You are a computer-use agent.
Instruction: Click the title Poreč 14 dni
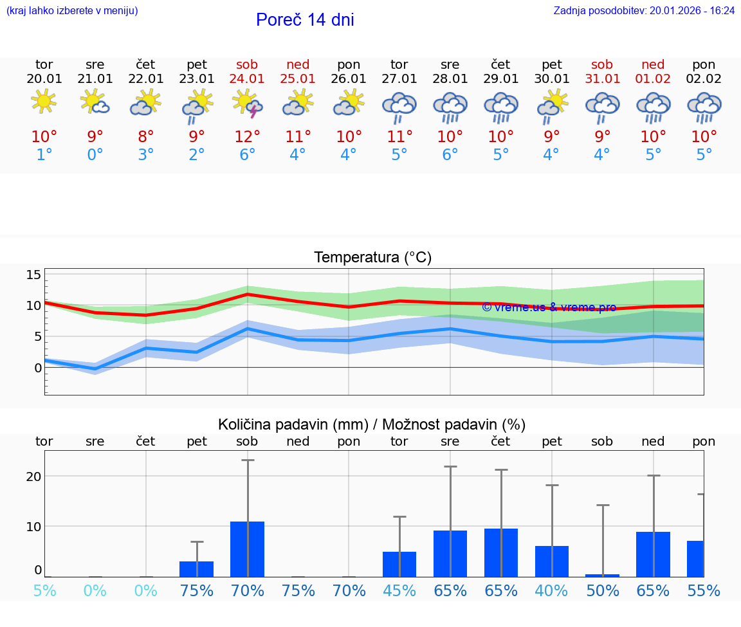coord(305,20)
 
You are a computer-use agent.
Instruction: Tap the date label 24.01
coord(247,79)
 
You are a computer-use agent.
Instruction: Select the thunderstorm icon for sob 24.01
coord(247,104)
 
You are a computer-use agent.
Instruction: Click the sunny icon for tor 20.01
coord(44,102)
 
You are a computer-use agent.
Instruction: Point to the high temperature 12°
coord(247,136)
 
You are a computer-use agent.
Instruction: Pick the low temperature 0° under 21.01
coord(95,155)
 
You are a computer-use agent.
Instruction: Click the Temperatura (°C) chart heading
coord(372,258)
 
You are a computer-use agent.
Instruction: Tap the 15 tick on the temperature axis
coord(33,275)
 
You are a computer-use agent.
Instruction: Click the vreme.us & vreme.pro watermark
coord(549,307)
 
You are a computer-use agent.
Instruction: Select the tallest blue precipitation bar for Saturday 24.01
coord(247,549)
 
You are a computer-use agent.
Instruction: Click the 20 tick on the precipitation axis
coord(33,477)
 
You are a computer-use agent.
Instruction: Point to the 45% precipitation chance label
coord(399,591)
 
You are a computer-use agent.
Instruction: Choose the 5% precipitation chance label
coord(44,591)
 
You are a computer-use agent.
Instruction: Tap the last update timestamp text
coord(644,11)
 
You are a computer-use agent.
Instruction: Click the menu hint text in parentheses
coord(72,11)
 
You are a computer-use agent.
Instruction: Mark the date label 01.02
coord(653,79)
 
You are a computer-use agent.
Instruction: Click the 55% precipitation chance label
coord(704,591)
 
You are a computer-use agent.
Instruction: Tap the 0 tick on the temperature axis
coord(38,368)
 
